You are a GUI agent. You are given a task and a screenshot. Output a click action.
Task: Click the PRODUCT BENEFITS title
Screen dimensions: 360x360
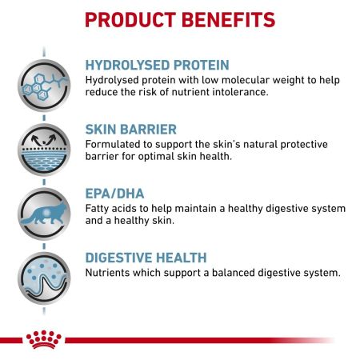tap(179, 18)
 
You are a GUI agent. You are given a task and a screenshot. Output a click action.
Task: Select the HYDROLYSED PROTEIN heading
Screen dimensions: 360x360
tap(156, 66)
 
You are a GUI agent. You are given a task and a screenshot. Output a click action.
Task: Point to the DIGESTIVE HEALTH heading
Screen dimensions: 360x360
tap(146, 258)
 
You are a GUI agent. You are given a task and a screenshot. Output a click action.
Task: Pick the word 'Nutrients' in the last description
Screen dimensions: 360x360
tap(110, 273)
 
